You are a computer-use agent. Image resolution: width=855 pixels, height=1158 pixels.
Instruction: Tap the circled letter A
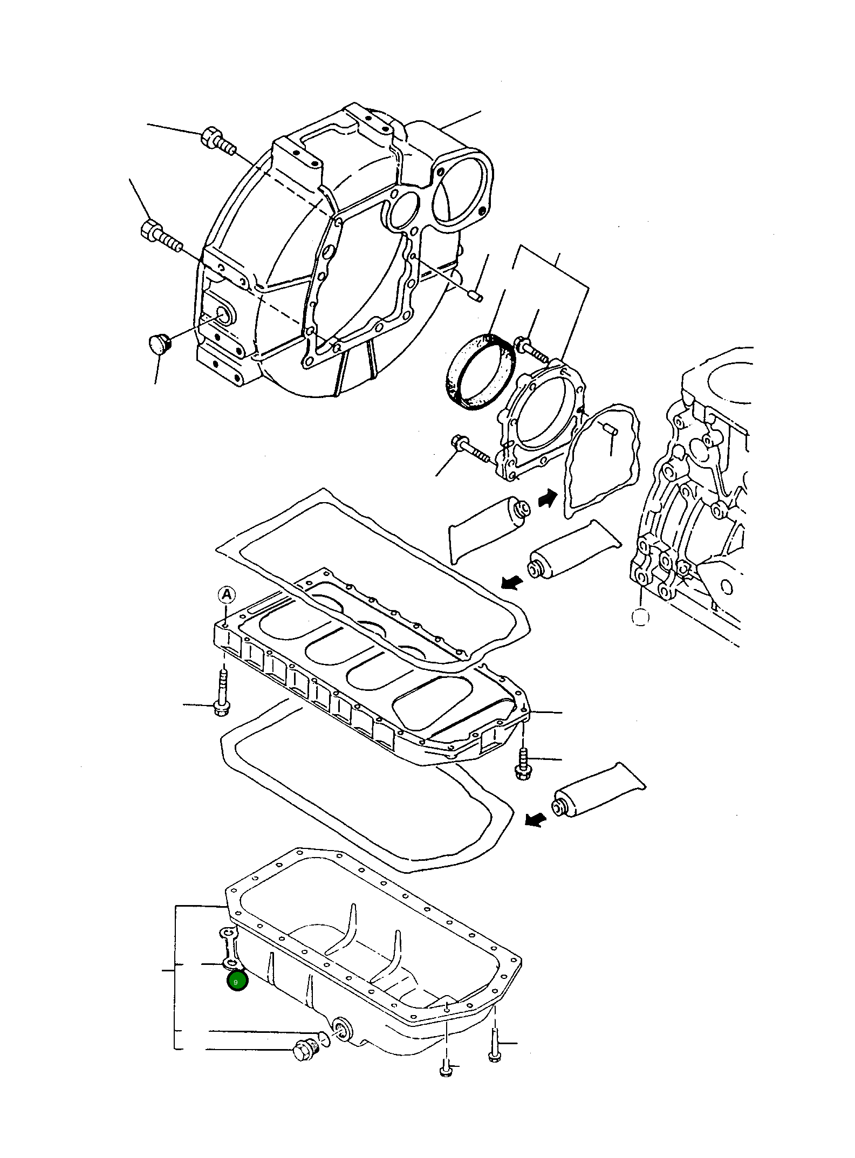point(227,595)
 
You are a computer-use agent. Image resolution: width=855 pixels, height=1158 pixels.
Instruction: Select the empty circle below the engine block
point(640,616)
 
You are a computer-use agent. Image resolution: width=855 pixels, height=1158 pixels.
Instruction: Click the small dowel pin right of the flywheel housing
point(475,296)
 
